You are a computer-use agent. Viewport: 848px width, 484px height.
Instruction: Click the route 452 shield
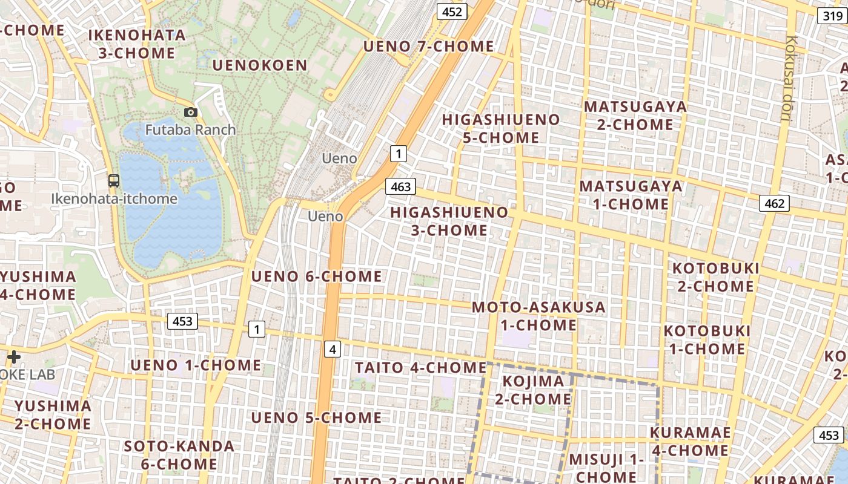coord(452,11)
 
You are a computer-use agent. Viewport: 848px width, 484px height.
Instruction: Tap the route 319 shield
coord(833,16)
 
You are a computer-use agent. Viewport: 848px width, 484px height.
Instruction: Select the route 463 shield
coord(401,186)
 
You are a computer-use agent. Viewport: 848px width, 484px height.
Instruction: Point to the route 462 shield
coord(775,203)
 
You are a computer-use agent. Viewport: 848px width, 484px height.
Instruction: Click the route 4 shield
coord(332,349)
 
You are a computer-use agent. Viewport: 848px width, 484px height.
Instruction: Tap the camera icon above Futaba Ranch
coord(190,112)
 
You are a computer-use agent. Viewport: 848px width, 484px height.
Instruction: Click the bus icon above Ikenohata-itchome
coord(113,180)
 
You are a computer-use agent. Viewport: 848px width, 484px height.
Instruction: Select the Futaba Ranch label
coord(190,129)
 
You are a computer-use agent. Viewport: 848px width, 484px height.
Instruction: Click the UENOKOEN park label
coord(260,65)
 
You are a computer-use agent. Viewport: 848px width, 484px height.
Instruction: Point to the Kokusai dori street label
coord(790,79)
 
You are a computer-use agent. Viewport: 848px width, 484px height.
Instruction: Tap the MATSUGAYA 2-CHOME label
coord(635,116)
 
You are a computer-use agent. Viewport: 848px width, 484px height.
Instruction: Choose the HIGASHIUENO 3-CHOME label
coord(449,221)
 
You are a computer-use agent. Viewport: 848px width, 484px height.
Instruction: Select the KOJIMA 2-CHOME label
coord(533,390)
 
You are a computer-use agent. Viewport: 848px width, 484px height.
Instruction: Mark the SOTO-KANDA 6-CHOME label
coord(179,455)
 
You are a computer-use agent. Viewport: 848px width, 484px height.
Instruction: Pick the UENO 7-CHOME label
coord(428,46)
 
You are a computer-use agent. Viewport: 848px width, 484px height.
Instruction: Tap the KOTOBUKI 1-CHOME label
coord(707,339)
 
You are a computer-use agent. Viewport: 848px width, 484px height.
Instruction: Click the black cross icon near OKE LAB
coord(13,357)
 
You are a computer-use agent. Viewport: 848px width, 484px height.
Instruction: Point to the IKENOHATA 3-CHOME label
coord(137,44)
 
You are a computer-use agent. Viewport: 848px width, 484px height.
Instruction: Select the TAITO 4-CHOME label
coord(420,367)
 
